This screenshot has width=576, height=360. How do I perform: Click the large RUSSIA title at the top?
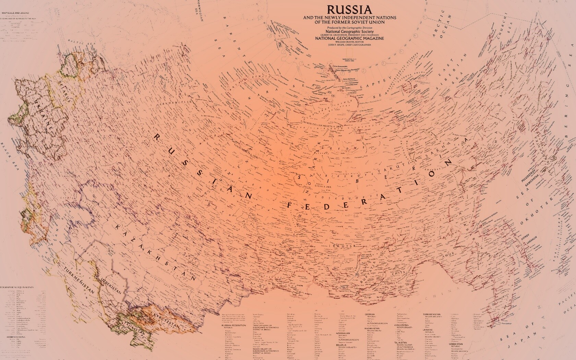[x=349, y=9]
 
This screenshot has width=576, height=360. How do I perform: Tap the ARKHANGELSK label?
[x=178, y=102]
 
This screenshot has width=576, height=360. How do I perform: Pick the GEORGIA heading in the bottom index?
[x=370, y=314]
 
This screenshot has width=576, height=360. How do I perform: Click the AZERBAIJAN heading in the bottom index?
[x=343, y=333]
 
